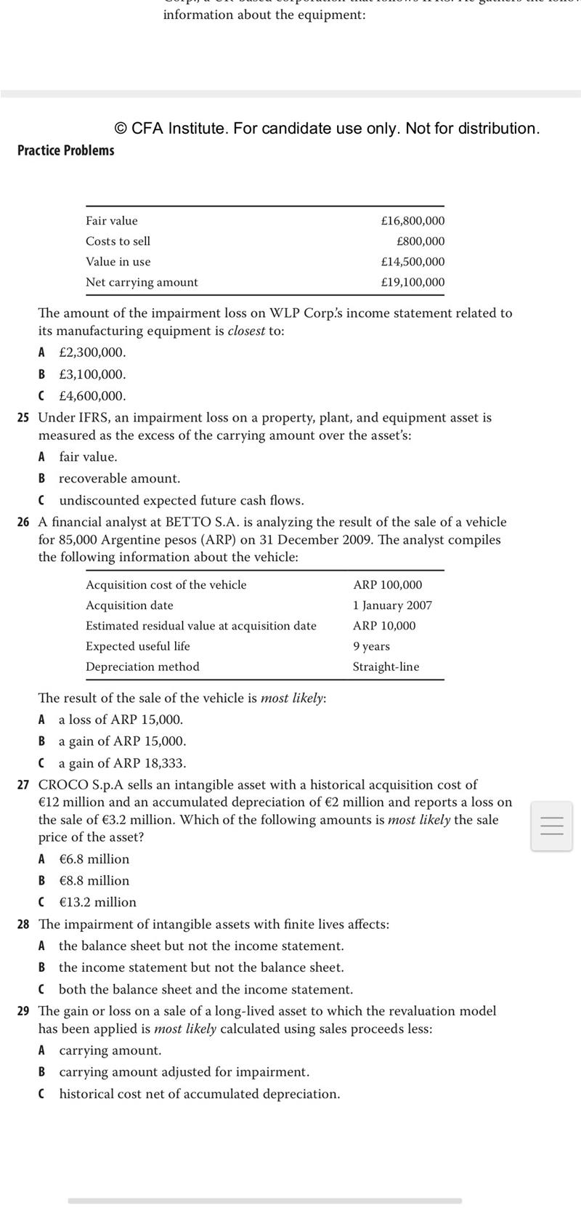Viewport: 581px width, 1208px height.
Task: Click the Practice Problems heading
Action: (x=66, y=150)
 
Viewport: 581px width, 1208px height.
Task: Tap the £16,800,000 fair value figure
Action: (x=413, y=221)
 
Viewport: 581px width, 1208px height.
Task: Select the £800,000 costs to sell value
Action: (x=420, y=241)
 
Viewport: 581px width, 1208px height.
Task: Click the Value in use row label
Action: (x=118, y=262)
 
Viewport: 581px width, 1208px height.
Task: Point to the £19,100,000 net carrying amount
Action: (x=413, y=282)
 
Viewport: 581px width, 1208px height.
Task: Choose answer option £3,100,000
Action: (x=92, y=374)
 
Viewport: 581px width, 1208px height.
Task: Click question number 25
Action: (x=23, y=418)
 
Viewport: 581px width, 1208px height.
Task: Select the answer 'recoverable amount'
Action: (x=119, y=478)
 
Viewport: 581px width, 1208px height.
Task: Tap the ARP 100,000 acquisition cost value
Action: (x=387, y=585)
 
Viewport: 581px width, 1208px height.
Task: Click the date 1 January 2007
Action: (x=392, y=605)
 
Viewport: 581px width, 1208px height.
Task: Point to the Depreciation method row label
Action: (x=142, y=667)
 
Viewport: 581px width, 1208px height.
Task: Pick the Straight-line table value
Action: (x=386, y=667)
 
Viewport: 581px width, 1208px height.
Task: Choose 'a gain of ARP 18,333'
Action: (x=122, y=763)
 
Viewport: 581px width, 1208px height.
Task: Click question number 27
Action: (x=23, y=785)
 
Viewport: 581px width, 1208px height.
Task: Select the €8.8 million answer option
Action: (x=94, y=881)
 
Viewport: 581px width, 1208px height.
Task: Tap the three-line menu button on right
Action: (x=552, y=826)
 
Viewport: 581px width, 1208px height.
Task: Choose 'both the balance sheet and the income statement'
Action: (x=206, y=990)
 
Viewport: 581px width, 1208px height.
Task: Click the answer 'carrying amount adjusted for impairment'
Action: (x=184, y=1072)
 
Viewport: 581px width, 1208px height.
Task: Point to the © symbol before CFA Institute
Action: (x=121, y=129)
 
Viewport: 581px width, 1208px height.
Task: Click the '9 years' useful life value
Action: (x=371, y=646)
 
